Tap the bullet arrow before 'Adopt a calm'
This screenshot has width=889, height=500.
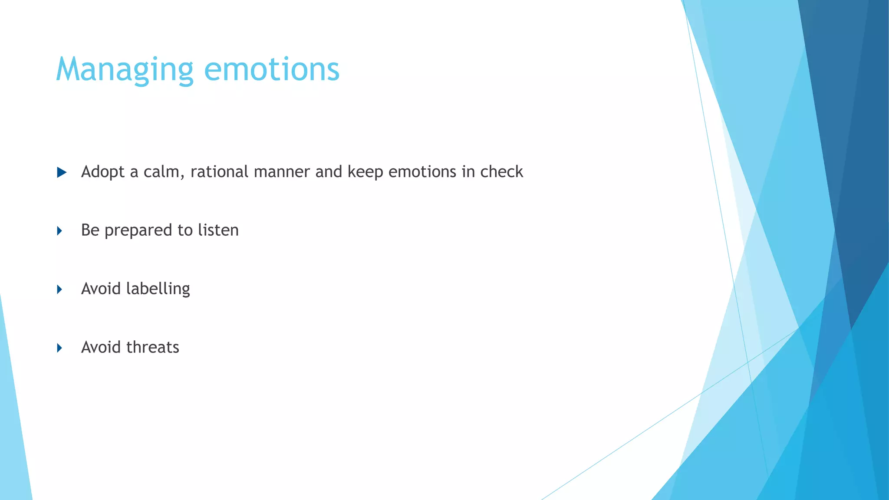click(x=62, y=173)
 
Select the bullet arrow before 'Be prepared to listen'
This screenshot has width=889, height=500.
click(x=60, y=231)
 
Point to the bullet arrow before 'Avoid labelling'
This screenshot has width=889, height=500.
click(x=60, y=289)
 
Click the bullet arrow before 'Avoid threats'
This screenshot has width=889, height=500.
click(x=60, y=348)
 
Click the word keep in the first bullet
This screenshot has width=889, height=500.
click(x=365, y=172)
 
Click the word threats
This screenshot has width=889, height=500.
click(x=152, y=347)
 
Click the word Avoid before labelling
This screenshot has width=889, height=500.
click(x=101, y=289)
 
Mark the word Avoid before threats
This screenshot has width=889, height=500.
click(x=101, y=347)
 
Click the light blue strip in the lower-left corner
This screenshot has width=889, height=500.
click(x=13, y=434)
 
